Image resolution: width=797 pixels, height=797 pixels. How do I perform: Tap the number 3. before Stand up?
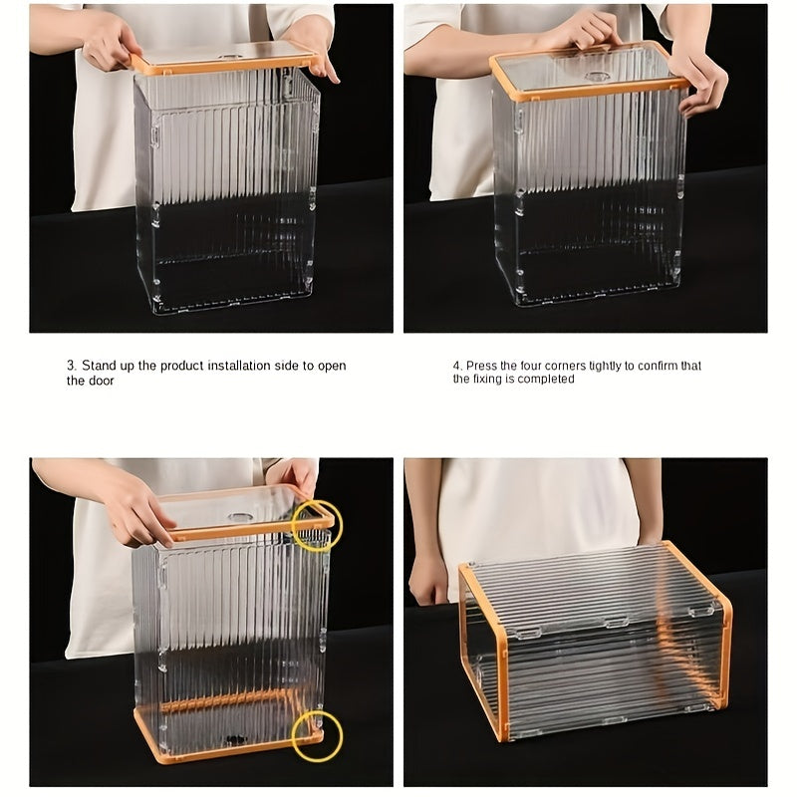pyautogui.click(x=72, y=366)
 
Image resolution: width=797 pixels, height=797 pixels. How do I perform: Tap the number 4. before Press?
pyautogui.click(x=458, y=366)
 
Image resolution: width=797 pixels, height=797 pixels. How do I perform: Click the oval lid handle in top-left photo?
pyautogui.click(x=231, y=58)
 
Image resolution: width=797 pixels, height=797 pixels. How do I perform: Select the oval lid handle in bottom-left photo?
pyautogui.click(x=240, y=517)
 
